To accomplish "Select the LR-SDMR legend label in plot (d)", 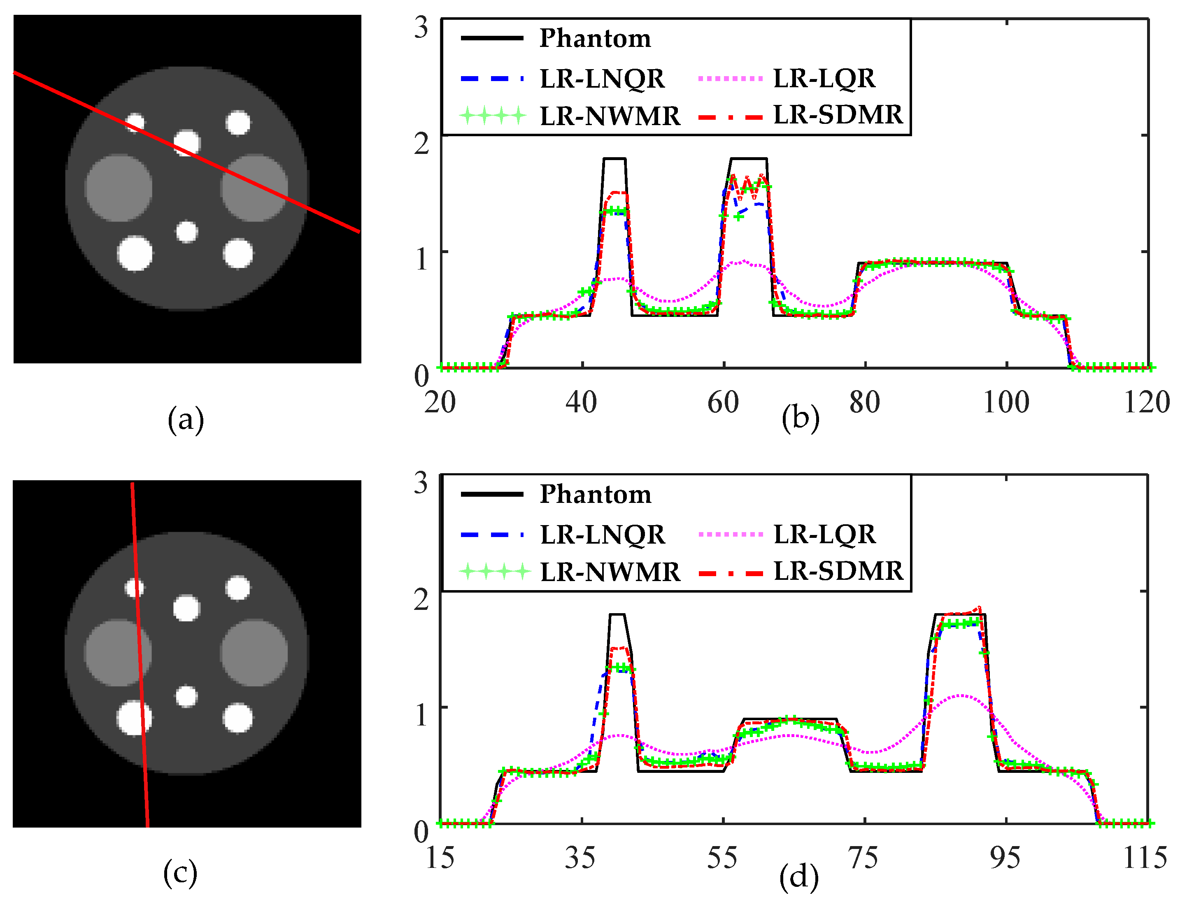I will tap(838, 571).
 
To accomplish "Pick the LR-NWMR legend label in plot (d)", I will tap(610, 572).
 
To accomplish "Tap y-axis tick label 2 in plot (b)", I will tap(421, 143).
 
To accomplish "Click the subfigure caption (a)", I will tap(186, 419).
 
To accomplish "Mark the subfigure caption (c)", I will tap(180, 873).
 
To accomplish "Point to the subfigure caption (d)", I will tap(799, 877).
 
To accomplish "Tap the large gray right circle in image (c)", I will tap(254, 653).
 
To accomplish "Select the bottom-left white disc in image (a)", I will tap(135, 253).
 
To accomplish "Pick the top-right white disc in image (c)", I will tap(237, 588).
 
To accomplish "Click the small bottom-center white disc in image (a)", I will tap(187, 232).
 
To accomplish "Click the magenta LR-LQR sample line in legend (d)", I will tap(730, 535).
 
